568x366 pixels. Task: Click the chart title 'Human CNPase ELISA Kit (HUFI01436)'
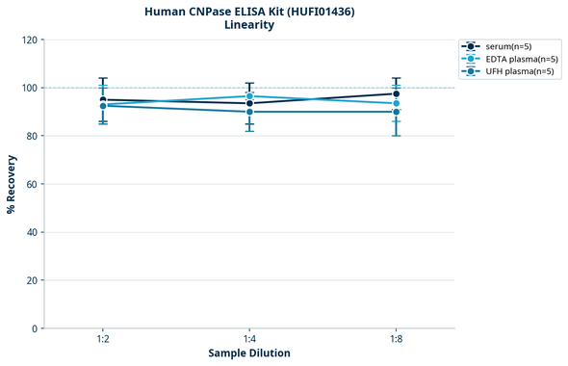coord(248,11)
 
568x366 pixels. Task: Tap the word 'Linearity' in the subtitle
coord(248,25)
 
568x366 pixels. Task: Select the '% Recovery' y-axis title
coord(12,184)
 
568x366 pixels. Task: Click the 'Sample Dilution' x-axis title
coord(248,353)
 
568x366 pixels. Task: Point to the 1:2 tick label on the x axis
coord(103,340)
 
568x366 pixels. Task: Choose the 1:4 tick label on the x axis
coord(249,340)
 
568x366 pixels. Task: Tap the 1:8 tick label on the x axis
coord(396,340)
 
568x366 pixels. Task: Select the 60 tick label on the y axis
coord(31,184)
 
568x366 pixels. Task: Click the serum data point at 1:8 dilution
coord(396,94)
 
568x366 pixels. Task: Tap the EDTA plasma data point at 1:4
coord(249,96)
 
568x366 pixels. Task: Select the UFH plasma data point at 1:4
coord(249,112)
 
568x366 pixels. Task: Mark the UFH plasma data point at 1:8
coord(396,112)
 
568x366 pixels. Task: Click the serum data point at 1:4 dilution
coord(249,103)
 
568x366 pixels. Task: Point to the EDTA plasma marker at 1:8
coord(396,103)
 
